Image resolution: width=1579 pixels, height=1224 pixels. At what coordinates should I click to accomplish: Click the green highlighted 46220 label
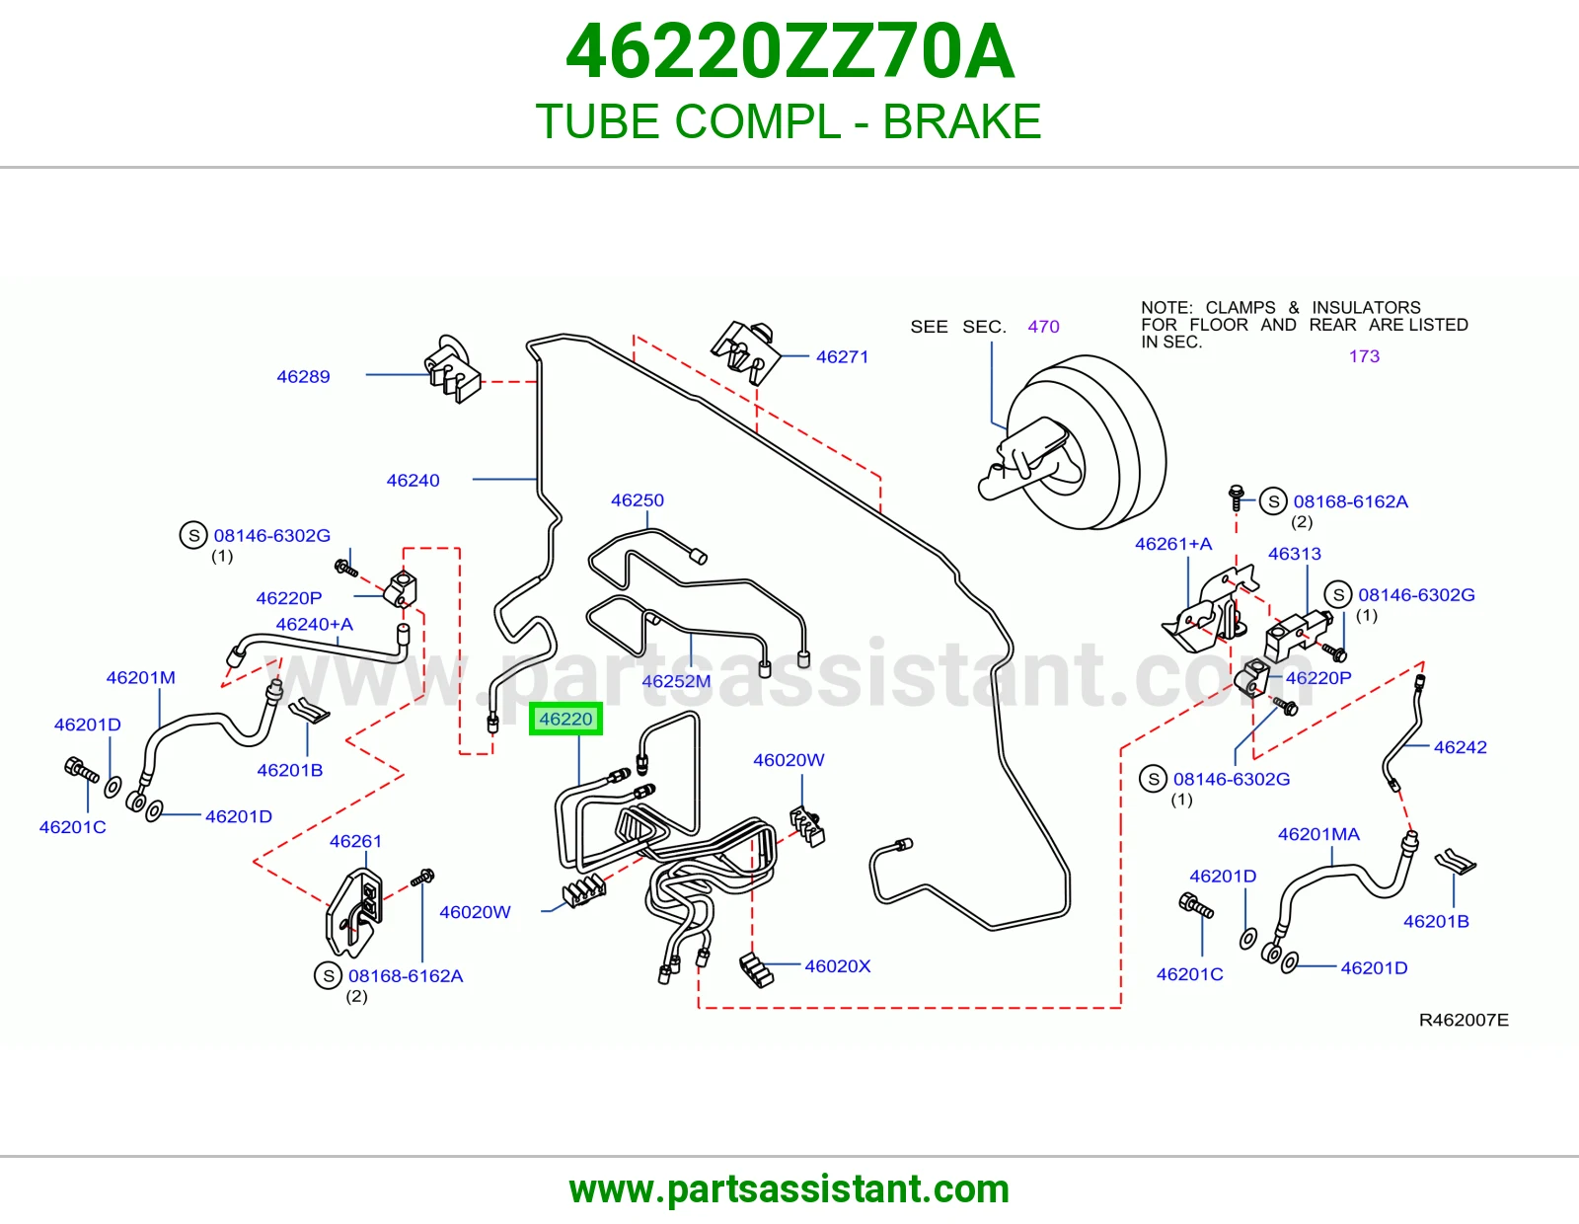tap(565, 719)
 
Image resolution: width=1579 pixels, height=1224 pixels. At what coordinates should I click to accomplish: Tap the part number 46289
tap(303, 376)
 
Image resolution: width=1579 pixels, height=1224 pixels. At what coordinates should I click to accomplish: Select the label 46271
tap(842, 357)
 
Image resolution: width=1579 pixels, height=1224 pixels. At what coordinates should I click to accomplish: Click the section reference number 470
tap(1043, 327)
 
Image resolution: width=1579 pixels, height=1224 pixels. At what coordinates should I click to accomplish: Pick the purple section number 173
tap(1364, 356)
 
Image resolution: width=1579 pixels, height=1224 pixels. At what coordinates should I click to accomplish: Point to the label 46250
tap(638, 500)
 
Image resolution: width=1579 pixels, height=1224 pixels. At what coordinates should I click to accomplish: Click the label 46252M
tap(676, 681)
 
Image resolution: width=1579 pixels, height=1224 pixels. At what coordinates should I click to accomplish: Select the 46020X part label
tap(837, 966)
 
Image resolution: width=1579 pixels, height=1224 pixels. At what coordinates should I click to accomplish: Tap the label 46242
tap(1460, 747)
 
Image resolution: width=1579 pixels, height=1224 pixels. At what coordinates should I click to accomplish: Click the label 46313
tap(1294, 554)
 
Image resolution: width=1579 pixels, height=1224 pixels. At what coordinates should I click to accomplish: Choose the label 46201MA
tap(1318, 834)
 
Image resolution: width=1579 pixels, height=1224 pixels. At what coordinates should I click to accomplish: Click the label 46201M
tap(141, 677)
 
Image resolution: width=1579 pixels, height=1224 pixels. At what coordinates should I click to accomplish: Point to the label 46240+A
tap(314, 625)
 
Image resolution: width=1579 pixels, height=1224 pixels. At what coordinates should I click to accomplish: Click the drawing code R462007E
tap(1464, 1020)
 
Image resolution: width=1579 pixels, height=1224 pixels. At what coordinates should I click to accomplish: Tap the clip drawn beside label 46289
tap(452, 369)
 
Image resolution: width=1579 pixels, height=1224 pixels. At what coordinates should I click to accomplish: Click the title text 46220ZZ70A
tap(789, 51)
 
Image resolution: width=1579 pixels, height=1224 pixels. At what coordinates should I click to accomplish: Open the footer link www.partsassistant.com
tap(789, 1189)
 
